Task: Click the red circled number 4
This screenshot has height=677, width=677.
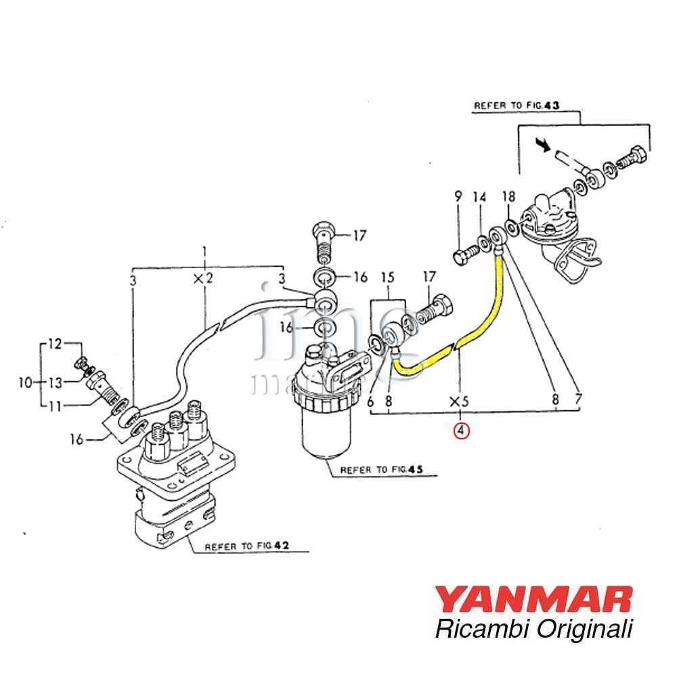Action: point(461,430)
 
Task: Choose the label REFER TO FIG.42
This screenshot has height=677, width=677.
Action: point(238,547)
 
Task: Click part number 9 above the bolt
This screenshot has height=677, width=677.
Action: point(458,197)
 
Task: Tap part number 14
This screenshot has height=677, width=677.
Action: point(480,197)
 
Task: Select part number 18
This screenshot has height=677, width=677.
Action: point(508,197)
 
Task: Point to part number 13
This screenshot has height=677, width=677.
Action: point(53,383)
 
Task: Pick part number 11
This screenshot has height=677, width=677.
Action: point(53,406)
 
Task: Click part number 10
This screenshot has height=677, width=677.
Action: point(26,383)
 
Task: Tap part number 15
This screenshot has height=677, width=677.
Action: point(387,278)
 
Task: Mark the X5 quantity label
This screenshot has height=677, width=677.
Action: point(460,401)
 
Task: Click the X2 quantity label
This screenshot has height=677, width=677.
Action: point(204,278)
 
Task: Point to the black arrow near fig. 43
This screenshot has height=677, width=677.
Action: point(541,144)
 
